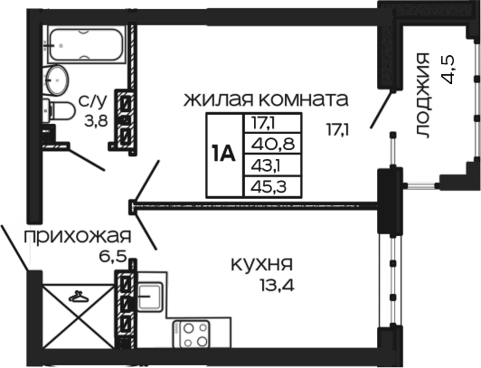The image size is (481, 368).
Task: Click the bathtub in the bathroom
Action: coord(87,44)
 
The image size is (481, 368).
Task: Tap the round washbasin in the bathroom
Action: coord(56,80)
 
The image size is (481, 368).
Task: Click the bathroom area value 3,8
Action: coord(97,121)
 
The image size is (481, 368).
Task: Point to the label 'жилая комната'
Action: coord(266,99)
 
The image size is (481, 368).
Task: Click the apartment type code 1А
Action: coord(223,155)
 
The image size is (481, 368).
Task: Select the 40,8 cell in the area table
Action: coord(273,144)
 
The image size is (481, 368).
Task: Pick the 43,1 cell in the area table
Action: coord(273,165)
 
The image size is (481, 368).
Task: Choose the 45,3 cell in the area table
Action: coord(273,186)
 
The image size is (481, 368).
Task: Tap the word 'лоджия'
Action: coord(423,95)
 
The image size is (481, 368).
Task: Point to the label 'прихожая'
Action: coord(78,237)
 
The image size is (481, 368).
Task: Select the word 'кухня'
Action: coord(261,264)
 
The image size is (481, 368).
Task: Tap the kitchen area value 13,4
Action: coord(278,286)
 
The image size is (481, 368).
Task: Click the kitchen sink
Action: coord(149,297)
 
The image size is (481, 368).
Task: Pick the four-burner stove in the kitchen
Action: coord(191,334)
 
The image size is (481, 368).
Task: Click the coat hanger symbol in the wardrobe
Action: coord(79,296)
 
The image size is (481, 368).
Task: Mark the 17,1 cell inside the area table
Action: coord(273,123)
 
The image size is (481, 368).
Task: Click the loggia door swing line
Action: coord(382,109)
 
